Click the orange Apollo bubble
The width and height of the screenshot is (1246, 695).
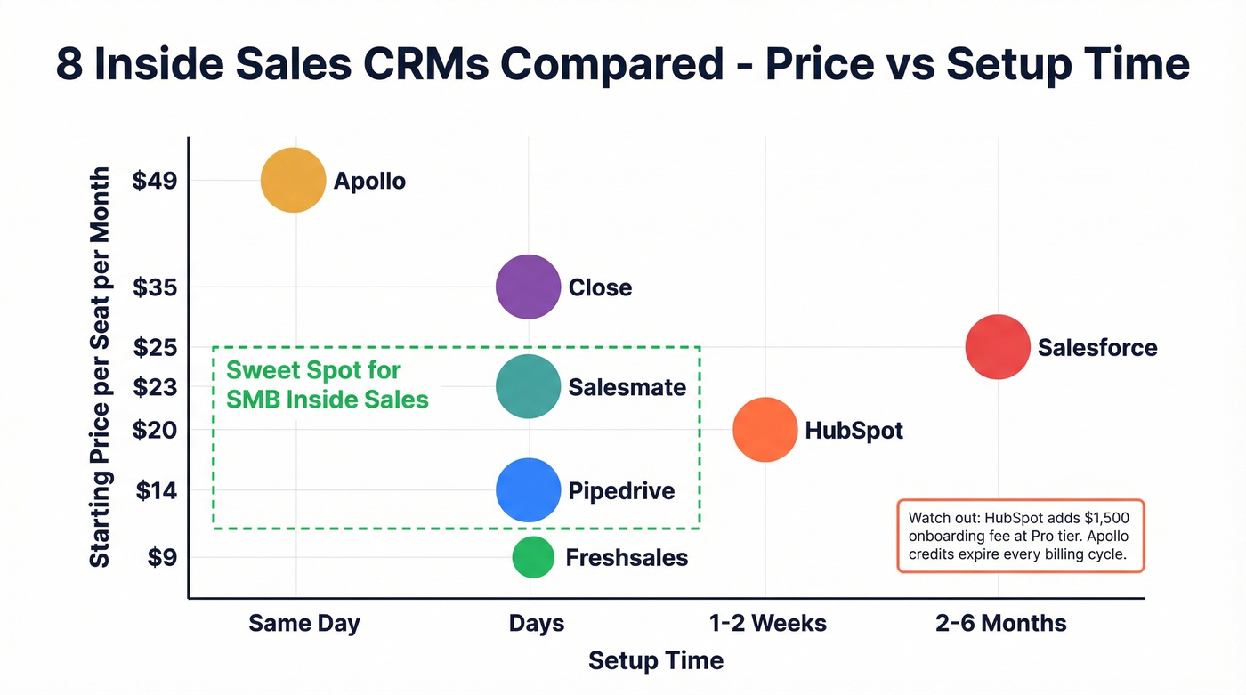[293, 181]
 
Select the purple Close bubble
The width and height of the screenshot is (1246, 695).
[528, 287]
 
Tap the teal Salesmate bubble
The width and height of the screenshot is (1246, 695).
[528, 386]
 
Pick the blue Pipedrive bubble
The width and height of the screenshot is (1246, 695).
[528, 490]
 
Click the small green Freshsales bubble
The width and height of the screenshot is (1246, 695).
[532, 557]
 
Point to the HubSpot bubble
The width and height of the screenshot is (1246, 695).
[765, 430]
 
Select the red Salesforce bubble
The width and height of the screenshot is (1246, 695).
[998, 347]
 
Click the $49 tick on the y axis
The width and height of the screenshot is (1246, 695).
[155, 181]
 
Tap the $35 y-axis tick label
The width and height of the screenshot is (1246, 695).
[155, 287]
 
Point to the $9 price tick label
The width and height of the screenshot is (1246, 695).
[163, 558]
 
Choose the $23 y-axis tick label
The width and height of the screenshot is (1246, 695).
[155, 387]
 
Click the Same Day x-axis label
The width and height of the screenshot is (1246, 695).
[304, 623]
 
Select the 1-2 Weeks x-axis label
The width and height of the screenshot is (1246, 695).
[767, 623]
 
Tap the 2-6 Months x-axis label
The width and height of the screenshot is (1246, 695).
[1000, 623]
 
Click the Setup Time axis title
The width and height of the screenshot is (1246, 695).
[656, 661]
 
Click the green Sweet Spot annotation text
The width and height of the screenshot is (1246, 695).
[327, 385]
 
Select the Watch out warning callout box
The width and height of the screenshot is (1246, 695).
[1019, 536]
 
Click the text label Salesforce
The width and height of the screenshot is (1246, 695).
[1096, 347]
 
